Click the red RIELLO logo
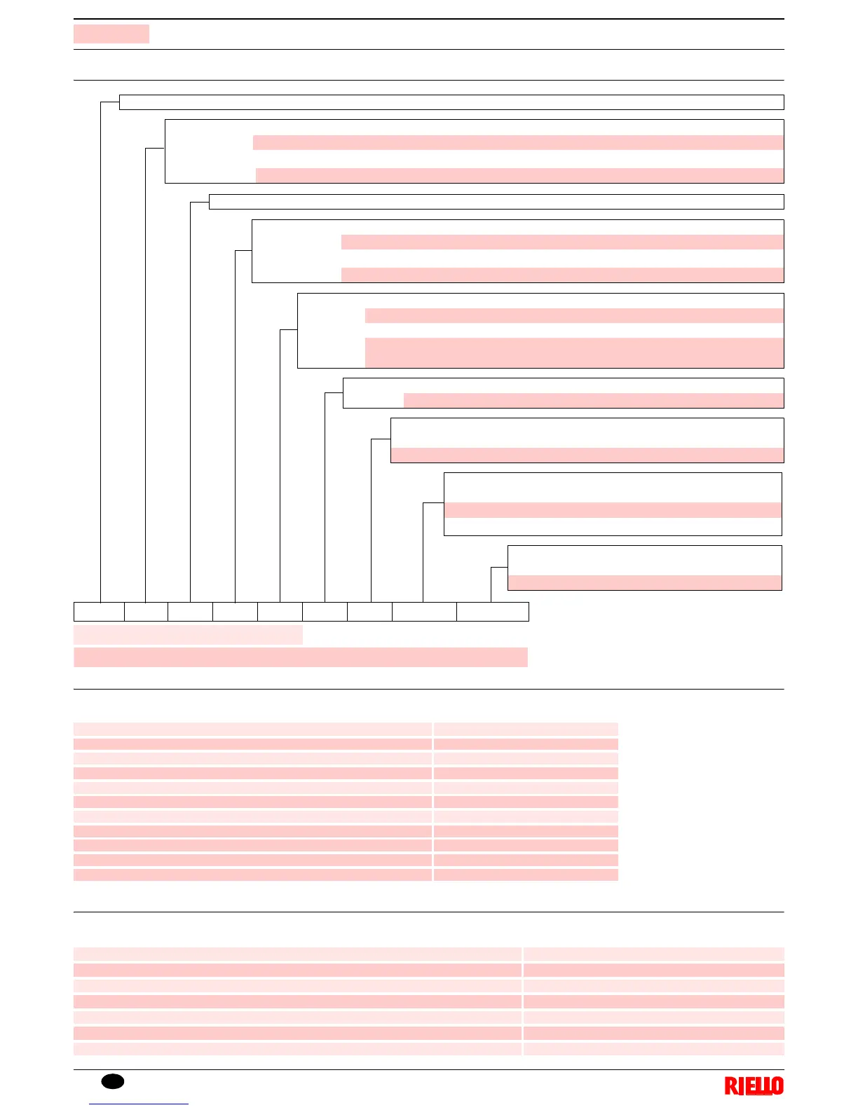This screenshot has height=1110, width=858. [x=754, y=1086]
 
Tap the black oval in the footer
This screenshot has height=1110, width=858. [x=113, y=1081]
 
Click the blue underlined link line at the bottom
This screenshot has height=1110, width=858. [x=139, y=1104]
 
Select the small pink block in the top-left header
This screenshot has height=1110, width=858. [x=111, y=34]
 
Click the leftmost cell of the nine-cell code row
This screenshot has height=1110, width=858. [x=99, y=612]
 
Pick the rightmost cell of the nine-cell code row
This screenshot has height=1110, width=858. [x=492, y=612]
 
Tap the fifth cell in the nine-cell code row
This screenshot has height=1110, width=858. [x=280, y=612]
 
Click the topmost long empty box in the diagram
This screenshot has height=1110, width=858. [x=451, y=102]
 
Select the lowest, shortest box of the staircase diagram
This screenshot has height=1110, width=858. [x=644, y=568]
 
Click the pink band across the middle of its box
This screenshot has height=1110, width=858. [x=613, y=510]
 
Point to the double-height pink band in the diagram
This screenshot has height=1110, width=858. [x=574, y=352]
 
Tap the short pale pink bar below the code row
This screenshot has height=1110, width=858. [x=188, y=635]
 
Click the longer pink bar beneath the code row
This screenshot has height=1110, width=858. [x=300, y=657]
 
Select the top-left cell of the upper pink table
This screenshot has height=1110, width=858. [x=252, y=729]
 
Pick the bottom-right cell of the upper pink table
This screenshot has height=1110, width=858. [x=526, y=875]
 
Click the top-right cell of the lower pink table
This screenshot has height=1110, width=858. [x=653, y=954]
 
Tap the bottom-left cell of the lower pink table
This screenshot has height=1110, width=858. [x=297, y=1049]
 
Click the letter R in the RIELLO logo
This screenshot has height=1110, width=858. [x=730, y=1086]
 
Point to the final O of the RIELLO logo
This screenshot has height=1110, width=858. [x=777, y=1086]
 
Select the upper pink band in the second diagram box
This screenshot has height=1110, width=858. [x=518, y=142]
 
